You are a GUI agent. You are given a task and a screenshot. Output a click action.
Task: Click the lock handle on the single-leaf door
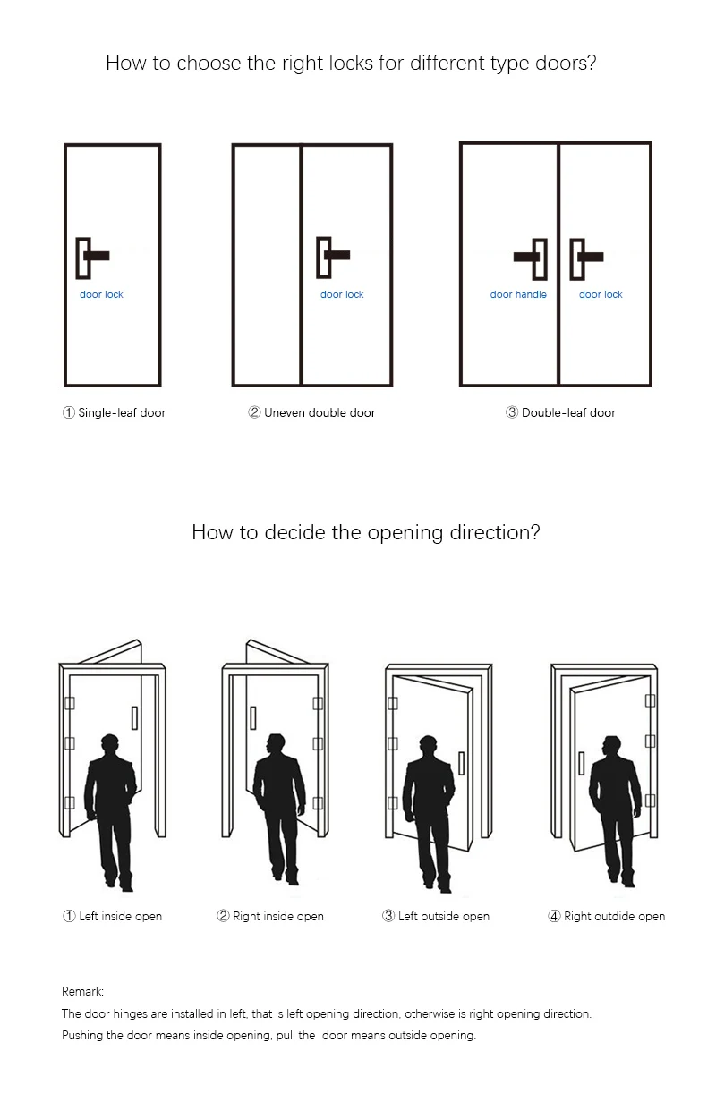(x=92, y=256)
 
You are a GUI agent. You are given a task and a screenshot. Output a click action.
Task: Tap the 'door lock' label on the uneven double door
(x=342, y=294)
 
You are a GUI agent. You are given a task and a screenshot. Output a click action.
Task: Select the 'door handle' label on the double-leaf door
(x=518, y=294)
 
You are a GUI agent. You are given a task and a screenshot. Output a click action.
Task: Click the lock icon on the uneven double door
(x=332, y=256)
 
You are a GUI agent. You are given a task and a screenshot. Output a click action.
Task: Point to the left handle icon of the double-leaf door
(x=532, y=258)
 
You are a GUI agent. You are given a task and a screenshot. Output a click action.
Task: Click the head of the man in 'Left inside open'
(x=110, y=745)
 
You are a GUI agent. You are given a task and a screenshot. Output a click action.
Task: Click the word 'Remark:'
(x=82, y=991)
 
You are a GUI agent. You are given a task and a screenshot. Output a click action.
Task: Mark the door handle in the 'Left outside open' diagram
(x=461, y=763)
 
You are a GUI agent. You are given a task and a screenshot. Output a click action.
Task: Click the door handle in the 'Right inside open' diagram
(x=253, y=717)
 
